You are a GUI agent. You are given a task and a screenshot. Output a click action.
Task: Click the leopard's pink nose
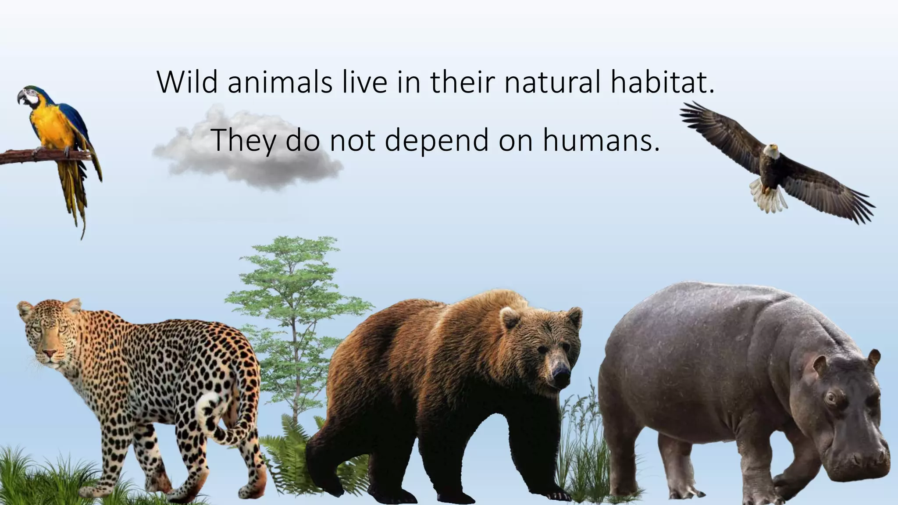tap(49, 353)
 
